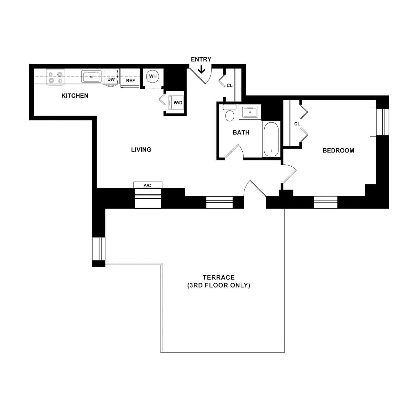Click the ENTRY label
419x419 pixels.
tap(201, 59)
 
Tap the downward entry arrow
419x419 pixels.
tap(201, 70)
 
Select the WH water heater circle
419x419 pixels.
tap(153, 76)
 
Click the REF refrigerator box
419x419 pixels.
tap(130, 78)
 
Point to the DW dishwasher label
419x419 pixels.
tap(111, 79)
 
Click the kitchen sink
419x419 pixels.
tap(91, 76)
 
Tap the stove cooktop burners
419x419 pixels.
tap(55, 78)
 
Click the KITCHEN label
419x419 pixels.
tap(75, 96)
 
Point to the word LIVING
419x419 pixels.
tap(141, 150)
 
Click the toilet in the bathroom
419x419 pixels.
tap(229, 113)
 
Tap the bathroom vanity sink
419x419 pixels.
tap(250, 112)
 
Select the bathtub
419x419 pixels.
tap(271, 139)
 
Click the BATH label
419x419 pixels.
tap(241, 132)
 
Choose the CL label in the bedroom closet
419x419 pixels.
tap(297, 124)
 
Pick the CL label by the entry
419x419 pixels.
tap(229, 86)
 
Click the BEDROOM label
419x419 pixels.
tap(338, 151)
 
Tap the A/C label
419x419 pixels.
tap(147, 185)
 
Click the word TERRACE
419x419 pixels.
tap(219, 278)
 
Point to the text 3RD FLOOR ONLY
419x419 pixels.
tap(219, 286)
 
